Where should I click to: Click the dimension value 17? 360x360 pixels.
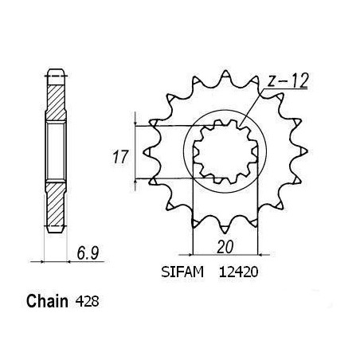(x=120, y=157)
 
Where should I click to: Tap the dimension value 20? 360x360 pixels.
(x=225, y=247)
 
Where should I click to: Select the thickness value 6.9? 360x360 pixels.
(x=88, y=253)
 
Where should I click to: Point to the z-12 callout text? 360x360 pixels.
(x=288, y=81)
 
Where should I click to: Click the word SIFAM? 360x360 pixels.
(x=182, y=272)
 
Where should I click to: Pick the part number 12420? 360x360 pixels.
(x=238, y=272)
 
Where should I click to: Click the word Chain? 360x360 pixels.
(x=47, y=301)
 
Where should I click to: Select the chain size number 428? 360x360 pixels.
(x=87, y=302)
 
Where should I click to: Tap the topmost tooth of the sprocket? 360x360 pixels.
(x=225, y=74)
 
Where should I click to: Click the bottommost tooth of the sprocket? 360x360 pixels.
(x=225, y=229)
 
